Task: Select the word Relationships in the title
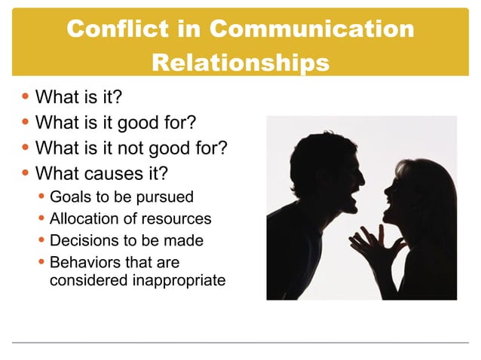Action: pos(240,63)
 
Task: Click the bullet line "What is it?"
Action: pos(78,97)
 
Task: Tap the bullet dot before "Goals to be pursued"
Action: pos(42,197)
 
